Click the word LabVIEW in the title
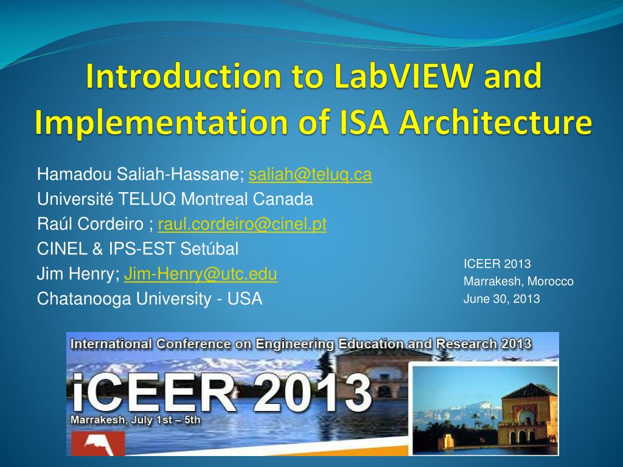403,78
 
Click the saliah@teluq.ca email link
310,175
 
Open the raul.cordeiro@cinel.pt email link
242,224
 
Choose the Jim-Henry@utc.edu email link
201,274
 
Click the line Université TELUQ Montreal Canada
175,199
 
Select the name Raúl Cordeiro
91,224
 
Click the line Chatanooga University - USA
150,299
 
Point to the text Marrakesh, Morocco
518,282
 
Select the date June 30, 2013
501,299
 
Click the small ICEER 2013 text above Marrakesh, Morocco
497,264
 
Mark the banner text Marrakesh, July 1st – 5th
136,420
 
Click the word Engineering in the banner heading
294,344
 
